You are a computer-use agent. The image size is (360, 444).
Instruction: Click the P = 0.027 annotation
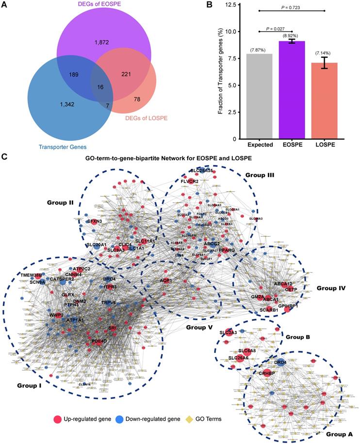pyautogui.click(x=277, y=29)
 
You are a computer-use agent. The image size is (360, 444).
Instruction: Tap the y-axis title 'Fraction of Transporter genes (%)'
pyautogui.click(x=220, y=72)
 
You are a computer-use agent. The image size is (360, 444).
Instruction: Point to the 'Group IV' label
pyautogui.click(x=331, y=288)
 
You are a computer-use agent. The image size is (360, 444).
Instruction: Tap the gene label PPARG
pyautogui.click(x=227, y=249)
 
